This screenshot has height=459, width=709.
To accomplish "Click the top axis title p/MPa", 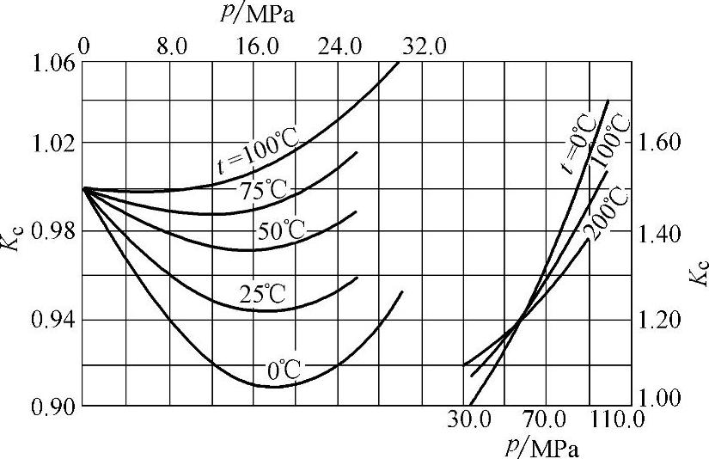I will pyautogui.click(x=254, y=16).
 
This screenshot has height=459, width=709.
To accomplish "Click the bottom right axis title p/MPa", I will pyautogui.click(x=544, y=447).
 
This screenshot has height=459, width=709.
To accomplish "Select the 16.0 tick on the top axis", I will pyautogui.click(x=254, y=46).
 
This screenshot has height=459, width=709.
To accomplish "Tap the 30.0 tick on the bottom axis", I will pyautogui.click(x=469, y=421).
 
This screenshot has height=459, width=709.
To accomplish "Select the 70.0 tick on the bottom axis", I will pyautogui.click(x=545, y=421).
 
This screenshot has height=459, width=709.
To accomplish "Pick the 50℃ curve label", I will pyautogui.click(x=281, y=231).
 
